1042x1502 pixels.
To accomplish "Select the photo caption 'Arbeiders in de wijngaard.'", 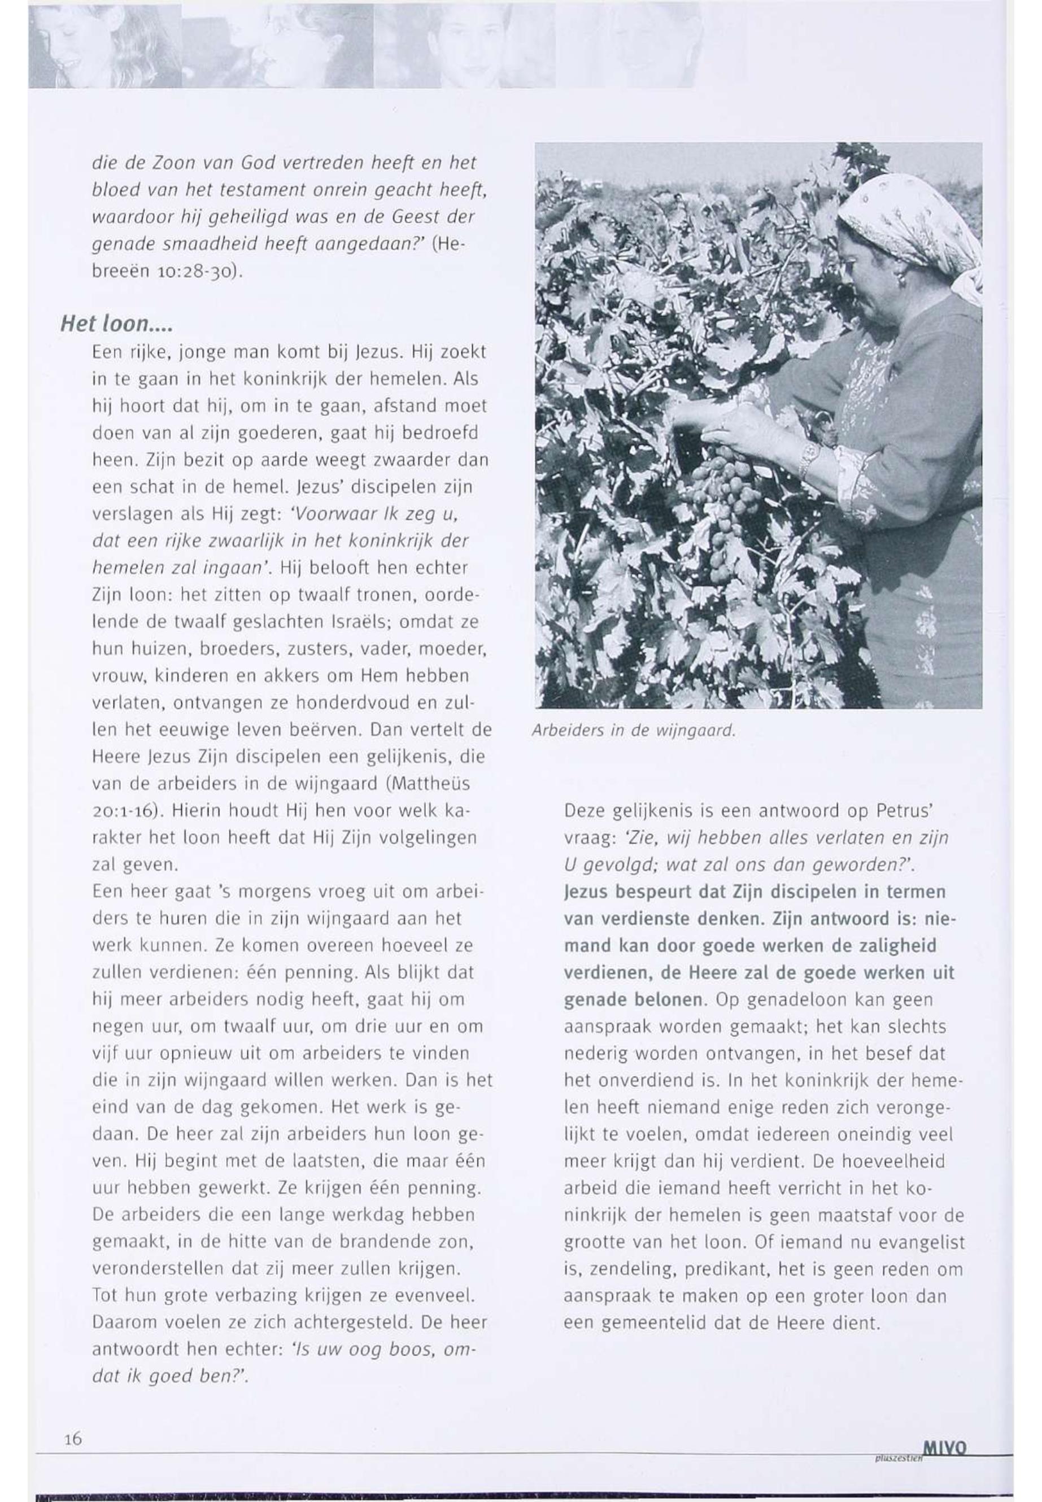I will (634, 731).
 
